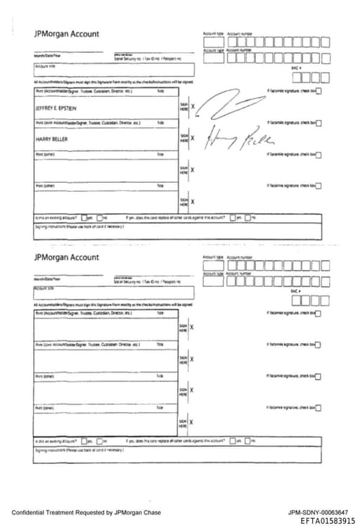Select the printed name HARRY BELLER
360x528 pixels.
pos(46,139)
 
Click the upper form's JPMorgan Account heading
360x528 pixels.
pos(66,34)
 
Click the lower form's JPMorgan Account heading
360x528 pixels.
pos(66,257)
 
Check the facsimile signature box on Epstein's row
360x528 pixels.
pos(319,91)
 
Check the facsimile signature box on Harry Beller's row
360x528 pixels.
pos(319,123)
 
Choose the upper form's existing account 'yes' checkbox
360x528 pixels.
pos(84,217)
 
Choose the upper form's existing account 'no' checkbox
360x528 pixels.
pos(100,217)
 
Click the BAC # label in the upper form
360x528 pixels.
pos(296,68)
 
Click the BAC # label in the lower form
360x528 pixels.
pos(296,291)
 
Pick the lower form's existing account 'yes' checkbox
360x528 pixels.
pos(84,441)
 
